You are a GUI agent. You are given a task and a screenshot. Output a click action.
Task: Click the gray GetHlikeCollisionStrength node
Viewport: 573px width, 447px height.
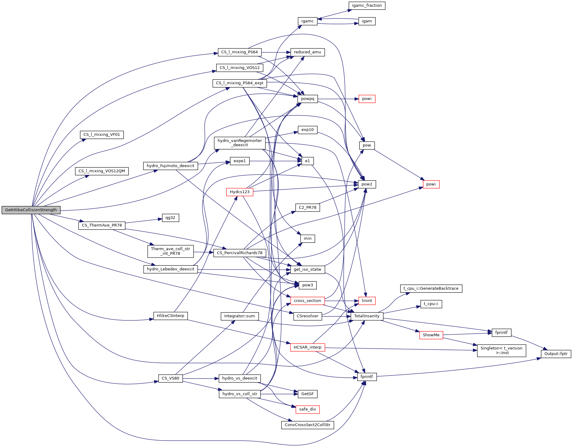pyautogui.click(x=31, y=210)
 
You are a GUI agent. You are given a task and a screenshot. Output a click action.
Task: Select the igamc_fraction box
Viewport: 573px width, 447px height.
pyautogui.click(x=367, y=6)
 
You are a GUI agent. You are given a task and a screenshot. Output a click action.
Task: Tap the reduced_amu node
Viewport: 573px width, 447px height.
pyautogui.click(x=307, y=52)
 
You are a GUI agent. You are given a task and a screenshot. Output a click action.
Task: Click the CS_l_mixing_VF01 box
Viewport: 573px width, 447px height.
pyautogui.click(x=102, y=135)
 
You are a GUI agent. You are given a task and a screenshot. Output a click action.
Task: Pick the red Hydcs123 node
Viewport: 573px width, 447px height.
pyautogui.click(x=240, y=192)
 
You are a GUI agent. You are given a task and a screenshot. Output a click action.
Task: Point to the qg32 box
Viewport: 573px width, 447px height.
pyautogui.click(x=170, y=218)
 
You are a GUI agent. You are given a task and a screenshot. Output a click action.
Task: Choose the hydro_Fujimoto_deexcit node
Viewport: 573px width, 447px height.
pyautogui.click(x=170, y=166)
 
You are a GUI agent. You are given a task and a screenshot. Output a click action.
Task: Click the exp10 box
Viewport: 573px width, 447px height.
pyautogui.click(x=307, y=130)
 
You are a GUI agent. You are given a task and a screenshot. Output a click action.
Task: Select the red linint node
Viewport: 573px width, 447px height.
pyautogui.click(x=367, y=301)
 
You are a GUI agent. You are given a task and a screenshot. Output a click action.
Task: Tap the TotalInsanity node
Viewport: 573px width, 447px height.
pyautogui.click(x=367, y=316)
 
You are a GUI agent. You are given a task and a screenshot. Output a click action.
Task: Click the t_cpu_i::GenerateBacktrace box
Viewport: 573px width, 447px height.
pyautogui.click(x=431, y=288)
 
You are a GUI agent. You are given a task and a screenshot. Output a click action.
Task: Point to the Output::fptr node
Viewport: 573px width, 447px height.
pyautogui.click(x=556, y=354)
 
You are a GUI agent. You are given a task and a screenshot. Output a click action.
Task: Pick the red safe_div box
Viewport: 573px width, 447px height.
pyautogui.click(x=307, y=409)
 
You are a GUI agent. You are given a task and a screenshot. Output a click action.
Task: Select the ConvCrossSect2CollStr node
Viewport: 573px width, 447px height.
pyautogui.click(x=307, y=425)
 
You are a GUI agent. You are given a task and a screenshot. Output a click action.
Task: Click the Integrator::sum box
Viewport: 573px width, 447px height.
pyautogui.click(x=239, y=316)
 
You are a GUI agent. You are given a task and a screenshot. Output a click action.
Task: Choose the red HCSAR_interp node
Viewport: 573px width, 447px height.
pyautogui.click(x=307, y=347)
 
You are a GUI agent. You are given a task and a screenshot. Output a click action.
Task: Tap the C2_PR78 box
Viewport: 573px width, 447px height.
pyautogui.click(x=307, y=208)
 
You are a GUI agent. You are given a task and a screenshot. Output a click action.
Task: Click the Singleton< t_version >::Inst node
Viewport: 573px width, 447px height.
pyautogui.click(x=501, y=350)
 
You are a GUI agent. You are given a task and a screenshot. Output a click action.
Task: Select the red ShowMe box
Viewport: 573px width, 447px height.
pyautogui.click(x=431, y=335)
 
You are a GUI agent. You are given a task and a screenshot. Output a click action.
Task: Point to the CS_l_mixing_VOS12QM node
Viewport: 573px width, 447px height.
pyautogui.click(x=102, y=171)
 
